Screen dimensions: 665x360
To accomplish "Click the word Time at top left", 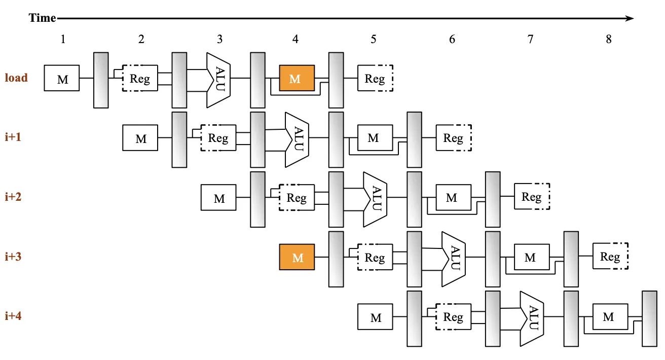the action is pos(42,18).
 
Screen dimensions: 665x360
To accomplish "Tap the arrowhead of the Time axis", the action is pos(630,18).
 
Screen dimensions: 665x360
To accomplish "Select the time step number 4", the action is pos(295,39).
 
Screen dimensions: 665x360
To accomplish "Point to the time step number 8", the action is pos(609,39).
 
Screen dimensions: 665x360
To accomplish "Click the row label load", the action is pos(16,78).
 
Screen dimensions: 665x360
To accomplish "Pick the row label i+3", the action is pos(13,257).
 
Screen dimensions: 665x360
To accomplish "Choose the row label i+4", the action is pos(13,315).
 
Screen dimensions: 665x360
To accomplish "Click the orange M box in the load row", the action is pos(297,78).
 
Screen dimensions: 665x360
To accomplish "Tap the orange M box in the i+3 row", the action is pos(297,257).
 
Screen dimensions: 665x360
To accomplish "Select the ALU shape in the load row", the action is pos(219,80).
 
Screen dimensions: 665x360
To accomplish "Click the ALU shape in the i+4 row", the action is pos(532,319).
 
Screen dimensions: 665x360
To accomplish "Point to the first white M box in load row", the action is pos(62,78).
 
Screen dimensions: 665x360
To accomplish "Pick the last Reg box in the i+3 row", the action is pos(610,256).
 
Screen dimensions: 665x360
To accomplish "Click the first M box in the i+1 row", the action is pos(140,138).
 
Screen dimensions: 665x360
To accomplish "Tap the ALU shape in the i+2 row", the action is pos(376,199).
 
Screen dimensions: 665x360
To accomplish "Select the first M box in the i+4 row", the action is pos(375,316).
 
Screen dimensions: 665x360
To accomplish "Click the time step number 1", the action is pos(63,39).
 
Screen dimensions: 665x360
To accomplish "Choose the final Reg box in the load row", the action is pos(375,78).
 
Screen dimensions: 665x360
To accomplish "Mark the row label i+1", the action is pos(13,137).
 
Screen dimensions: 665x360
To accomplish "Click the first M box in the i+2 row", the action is pos(218,198).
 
